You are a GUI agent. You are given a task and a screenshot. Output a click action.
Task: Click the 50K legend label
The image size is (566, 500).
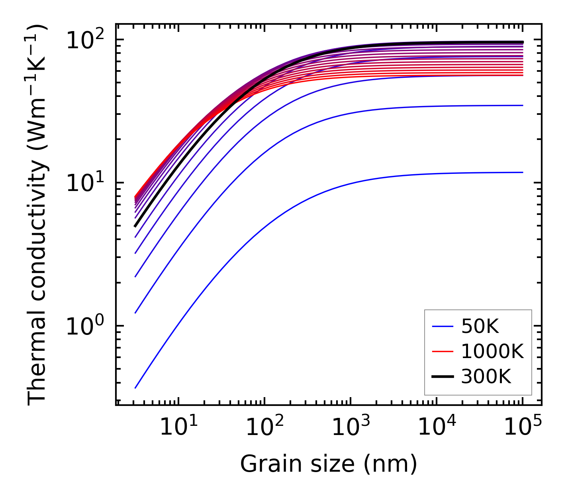tap(480, 327)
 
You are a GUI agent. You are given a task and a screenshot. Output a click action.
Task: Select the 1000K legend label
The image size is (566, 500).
tap(492, 351)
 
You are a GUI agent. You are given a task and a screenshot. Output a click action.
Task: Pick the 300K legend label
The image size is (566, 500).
tap(486, 376)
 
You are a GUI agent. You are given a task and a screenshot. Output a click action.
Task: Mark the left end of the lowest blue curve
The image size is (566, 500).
tap(135, 388)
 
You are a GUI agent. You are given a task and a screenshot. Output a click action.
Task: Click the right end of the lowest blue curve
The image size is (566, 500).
tap(523, 172)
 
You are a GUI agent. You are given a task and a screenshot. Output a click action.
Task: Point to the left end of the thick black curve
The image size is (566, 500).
tap(135, 226)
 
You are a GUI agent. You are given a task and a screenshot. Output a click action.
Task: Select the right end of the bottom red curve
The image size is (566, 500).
tap(523, 75)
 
